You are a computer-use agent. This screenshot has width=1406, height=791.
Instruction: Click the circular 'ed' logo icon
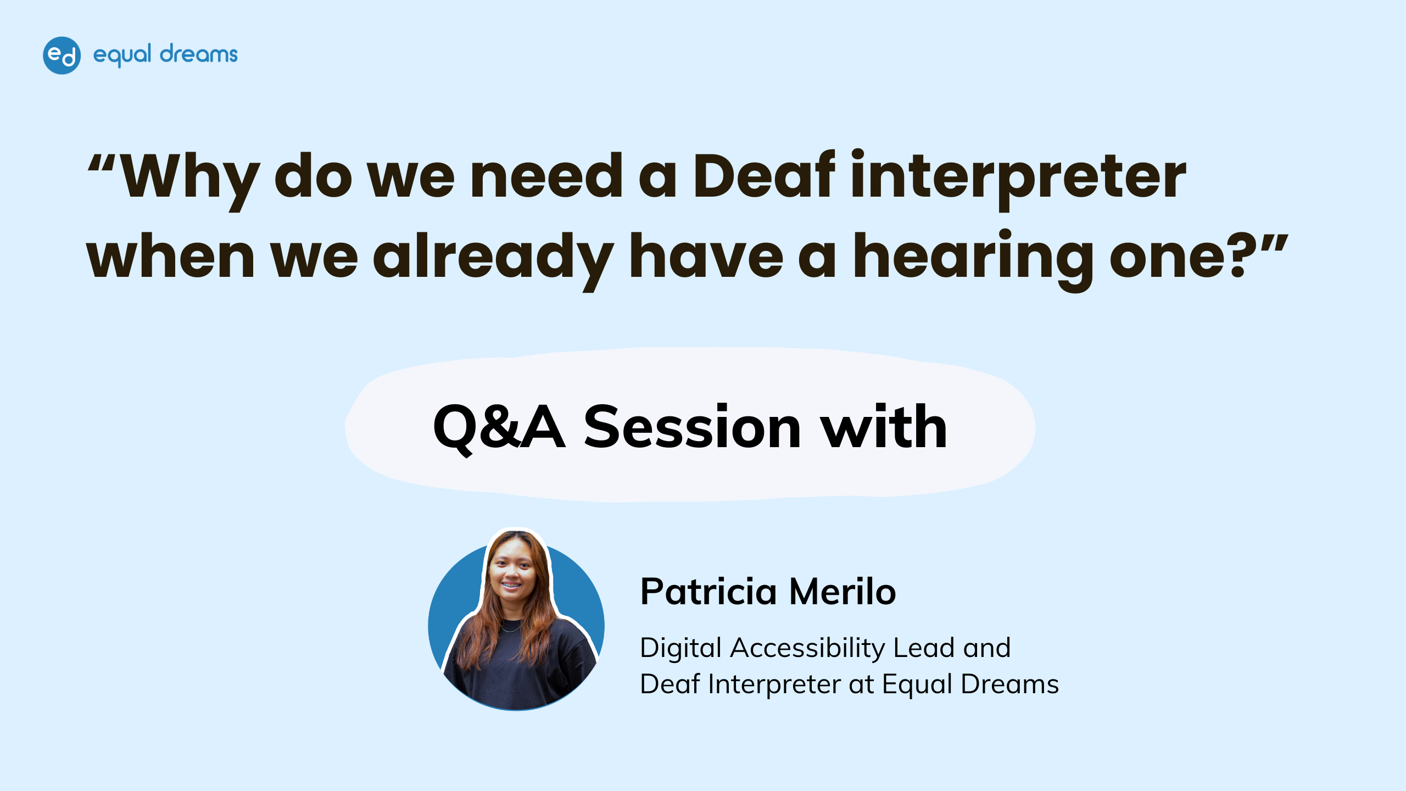pos(62,55)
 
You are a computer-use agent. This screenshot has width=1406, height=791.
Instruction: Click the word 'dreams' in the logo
pos(199,54)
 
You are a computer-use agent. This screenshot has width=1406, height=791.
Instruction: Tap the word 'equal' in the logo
pos(122,55)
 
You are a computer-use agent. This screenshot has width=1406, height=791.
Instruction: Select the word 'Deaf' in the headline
pos(764,175)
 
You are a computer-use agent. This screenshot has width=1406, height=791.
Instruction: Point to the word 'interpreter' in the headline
pos(1019,179)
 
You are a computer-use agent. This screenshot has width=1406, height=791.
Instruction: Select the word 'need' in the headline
pos(546,175)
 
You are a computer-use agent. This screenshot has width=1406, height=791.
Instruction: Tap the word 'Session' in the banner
pos(692,427)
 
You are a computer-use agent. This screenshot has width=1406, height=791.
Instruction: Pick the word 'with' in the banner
pos(884,426)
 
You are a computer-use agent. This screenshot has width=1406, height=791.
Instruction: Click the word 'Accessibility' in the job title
pos(807,649)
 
